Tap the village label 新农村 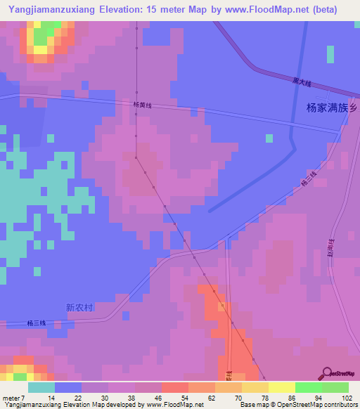[x=79, y=307]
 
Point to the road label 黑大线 [x=302, y=83]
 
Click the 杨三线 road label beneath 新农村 [x=37, y=323]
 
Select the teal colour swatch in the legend [x=41, y=387]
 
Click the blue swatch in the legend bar [x=68, y=387]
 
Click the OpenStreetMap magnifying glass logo [x=326, y=373]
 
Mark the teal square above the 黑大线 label [x=330, y=55]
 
